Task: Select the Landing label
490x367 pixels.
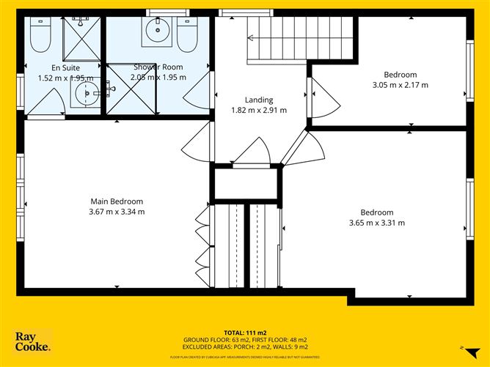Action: coord(258,100)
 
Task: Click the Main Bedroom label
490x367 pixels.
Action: coord(117,201)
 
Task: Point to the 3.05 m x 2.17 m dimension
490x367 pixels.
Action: coord(400,85)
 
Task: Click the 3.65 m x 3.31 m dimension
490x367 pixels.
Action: coord(376,223)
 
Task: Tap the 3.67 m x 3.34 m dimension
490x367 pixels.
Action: coord(117,212)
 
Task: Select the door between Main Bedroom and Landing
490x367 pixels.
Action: coord(194,138)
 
